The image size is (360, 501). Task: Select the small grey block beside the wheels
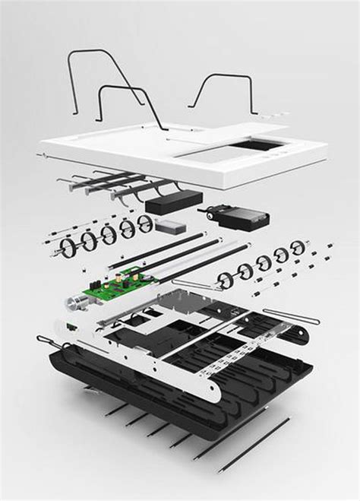[169, 225]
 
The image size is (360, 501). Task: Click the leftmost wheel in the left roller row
[70, 246]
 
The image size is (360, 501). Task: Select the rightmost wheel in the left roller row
[144, 223]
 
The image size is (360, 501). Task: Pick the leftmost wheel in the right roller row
[226, 280]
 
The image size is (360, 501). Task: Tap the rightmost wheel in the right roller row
[298, 248]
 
